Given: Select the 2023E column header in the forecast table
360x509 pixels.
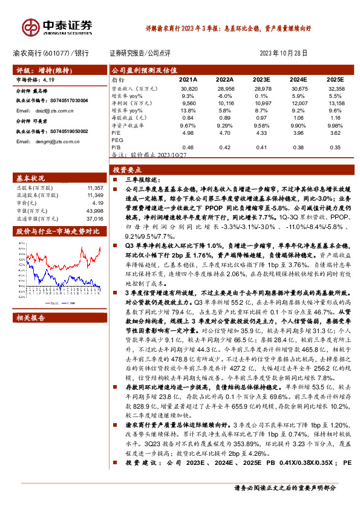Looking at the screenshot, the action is [261, 79].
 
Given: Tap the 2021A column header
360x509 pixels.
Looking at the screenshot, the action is [188, 79].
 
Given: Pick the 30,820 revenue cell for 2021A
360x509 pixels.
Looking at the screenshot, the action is [189, 88].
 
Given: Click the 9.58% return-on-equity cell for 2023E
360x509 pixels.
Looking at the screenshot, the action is [261, 125].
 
